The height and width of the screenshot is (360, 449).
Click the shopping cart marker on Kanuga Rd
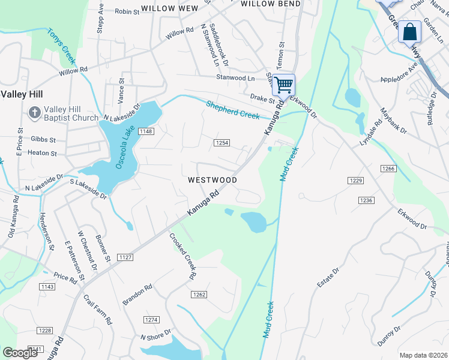pos(283,84)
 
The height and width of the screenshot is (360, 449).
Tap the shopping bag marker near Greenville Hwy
pos(410,32)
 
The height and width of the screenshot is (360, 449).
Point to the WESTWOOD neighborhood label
pos(212,180)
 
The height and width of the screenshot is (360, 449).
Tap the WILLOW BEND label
pos(270,4)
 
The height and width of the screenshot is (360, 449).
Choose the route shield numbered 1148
pos(145,131)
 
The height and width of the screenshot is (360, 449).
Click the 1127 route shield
pos(125,257)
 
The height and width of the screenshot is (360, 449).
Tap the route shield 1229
pos(355,180)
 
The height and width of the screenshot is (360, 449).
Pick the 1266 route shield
pos(388,169)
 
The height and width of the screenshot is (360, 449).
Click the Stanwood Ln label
pos(235,77)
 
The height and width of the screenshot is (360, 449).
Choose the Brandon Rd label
pos(137,295)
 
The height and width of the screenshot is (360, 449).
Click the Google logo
pos(20,353)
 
